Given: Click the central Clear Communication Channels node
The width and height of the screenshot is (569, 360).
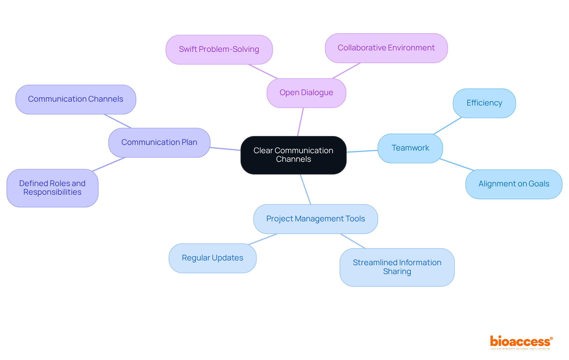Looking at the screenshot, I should click(x=293, y=155).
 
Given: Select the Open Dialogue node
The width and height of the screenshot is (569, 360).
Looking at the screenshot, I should click(x=306, y=93).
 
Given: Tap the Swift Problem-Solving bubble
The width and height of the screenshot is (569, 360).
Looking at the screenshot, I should click(x=219, y=49).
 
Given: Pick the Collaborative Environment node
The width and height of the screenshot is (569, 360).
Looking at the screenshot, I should click(x=386, y=48).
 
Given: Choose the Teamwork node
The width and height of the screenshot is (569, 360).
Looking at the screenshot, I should click(x=410, y=148).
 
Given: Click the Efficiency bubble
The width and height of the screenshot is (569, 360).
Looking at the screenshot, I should click(x=484, y=103).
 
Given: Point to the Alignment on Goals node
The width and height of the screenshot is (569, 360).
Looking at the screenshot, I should click(x=514, y=184).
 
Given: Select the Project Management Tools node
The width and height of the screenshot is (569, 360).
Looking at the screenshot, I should click(x=316, y=219).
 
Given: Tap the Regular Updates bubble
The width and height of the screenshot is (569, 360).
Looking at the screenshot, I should click(x=212, y=258).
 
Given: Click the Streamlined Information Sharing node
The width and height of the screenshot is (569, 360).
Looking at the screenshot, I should click(x=397, y=267).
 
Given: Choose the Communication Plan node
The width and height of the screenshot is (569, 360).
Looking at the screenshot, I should click(x=159, y=143).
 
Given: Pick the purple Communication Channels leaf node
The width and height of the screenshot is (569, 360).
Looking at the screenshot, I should click(x=76, y=99).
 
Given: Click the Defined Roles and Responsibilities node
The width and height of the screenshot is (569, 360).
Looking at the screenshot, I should click(x=52, y=188).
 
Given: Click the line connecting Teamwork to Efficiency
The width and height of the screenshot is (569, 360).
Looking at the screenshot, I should click(x=447, y=126).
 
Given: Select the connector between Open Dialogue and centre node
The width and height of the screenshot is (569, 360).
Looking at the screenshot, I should click(x=301, y=122).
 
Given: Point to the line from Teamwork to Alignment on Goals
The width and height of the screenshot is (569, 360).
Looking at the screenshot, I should click(x=457, y=164).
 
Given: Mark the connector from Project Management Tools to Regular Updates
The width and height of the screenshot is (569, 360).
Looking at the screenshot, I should click(x=263, y=239).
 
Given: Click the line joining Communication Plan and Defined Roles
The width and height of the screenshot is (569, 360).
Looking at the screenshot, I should click(x=109, y=164).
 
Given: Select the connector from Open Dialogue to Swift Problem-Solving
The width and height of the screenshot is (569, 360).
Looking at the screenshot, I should click(x=263, y=71).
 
